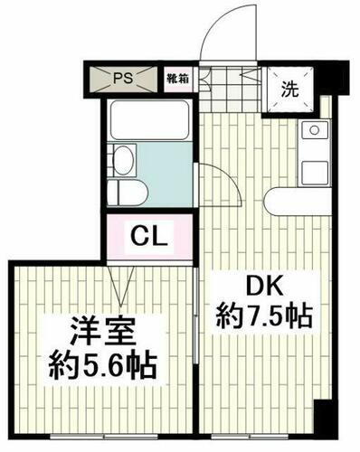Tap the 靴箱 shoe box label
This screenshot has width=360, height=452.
(x=176, y=80)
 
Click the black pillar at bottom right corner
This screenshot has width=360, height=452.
(x=322, y=418)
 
